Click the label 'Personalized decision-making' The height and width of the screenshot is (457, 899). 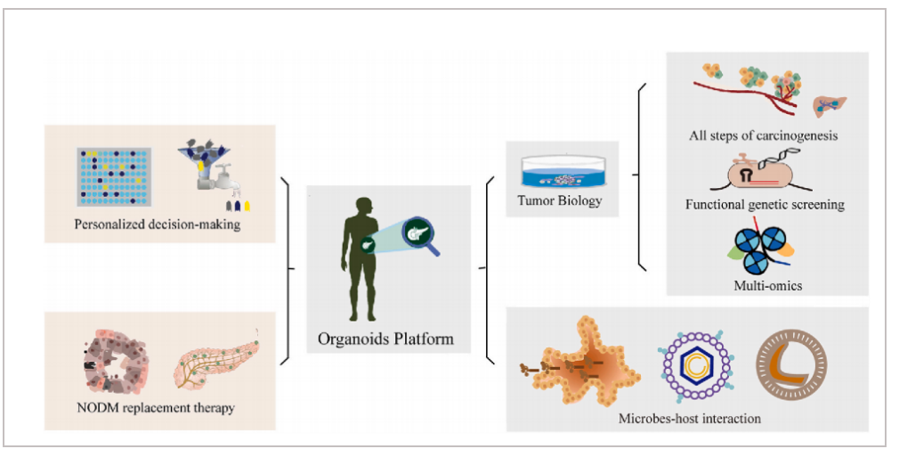157,224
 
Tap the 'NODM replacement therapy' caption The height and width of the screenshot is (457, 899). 156,408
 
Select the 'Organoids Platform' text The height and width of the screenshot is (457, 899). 386,339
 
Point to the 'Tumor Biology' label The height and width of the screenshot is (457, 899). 560,200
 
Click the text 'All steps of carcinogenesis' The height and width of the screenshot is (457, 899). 763,135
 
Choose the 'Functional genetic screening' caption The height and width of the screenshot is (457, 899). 765,204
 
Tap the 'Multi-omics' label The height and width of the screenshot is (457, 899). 767,285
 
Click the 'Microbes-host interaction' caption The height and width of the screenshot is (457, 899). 690,418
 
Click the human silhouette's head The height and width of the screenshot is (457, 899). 362,206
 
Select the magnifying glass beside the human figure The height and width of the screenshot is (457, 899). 421,235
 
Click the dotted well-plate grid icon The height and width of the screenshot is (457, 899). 115,176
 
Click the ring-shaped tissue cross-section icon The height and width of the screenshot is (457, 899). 115,361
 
